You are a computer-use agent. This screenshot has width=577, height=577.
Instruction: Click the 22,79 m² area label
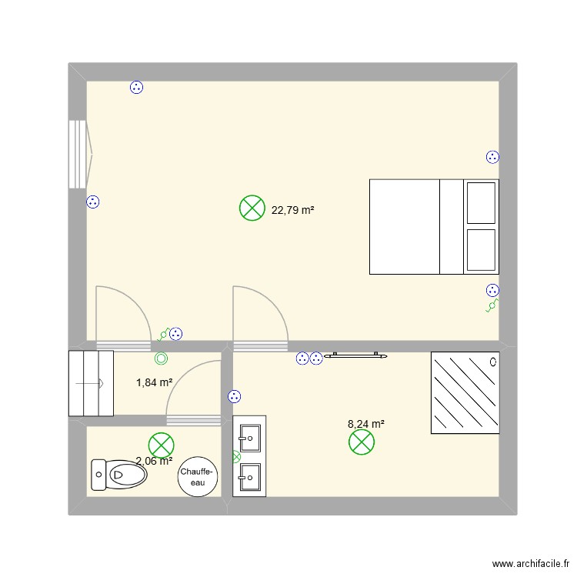point(293,209)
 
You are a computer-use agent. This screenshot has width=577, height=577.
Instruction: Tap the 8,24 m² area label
point(366,423)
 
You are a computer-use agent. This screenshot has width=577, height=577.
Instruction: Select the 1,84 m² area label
point(154,382)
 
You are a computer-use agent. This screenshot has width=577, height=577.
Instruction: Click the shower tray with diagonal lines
point(465,392)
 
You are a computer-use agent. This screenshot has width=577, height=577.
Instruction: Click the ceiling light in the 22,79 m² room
point(252,208)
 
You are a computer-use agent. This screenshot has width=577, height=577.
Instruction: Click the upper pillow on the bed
point(481,203)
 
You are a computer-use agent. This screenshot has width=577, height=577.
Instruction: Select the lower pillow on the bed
point(481,250)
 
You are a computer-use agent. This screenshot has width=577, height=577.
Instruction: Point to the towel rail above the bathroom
point(355,355)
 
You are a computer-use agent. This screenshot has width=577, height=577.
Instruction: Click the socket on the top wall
point(136,88)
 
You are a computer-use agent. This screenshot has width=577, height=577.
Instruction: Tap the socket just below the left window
point(93,202)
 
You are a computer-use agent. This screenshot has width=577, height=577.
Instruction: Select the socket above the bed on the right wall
point(492,157)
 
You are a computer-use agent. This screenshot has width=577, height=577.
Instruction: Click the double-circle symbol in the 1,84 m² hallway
point(161,358)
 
